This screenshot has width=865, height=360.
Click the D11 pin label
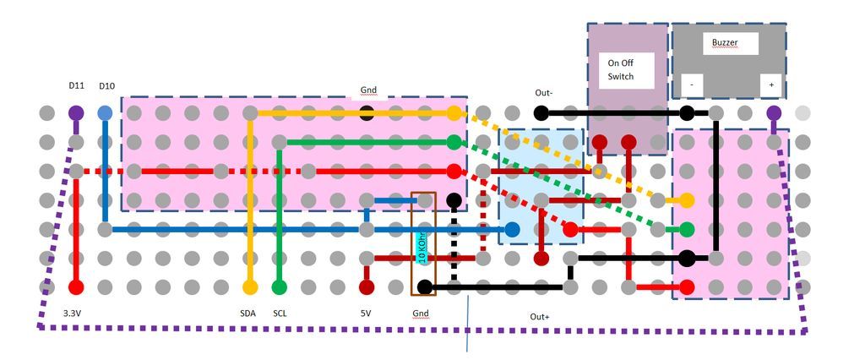[x=76, y=85]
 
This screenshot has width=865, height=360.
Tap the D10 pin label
[x=106, y=86]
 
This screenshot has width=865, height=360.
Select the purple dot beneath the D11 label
[x=76, y=113]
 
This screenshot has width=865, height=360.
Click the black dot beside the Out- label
[x=541, y=113]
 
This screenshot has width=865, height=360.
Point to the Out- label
[x=543, y=93]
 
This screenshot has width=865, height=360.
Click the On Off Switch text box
[x=627, y=70]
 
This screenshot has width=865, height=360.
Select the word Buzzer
[x=724, y=42]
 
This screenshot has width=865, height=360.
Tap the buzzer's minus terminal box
[x=692, y=85]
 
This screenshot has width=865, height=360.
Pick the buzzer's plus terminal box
[x=771, y=85]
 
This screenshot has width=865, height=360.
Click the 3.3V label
[x=73, y=313]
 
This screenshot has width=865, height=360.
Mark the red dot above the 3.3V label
[x=76, y=287]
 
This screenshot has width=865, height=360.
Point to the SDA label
[x=248, y=313]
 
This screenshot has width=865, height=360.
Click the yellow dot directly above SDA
[x=250, y=287]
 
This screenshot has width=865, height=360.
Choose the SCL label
[x=280, y=313]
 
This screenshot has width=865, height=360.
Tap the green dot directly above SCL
[x=280, y=287]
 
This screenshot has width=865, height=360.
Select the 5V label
[x=366, y=313]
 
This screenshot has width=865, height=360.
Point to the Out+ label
[x=540, y=317]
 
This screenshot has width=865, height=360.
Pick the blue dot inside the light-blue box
[x=512, y=229]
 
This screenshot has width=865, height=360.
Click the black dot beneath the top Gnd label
[x=367, y=113]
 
